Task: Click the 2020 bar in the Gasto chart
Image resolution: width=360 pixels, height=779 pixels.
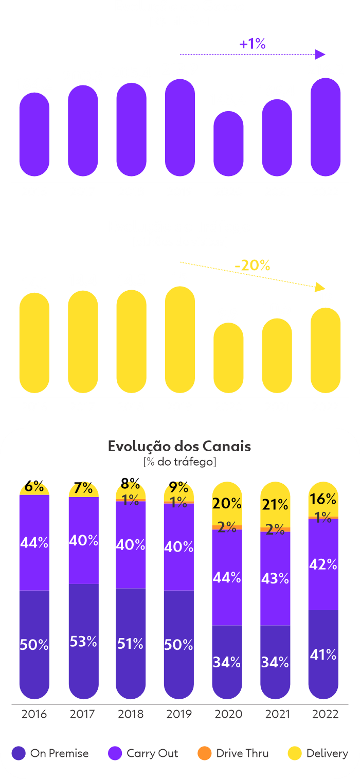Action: click(228, 144)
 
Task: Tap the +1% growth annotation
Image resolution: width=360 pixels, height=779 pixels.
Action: click(253, 44)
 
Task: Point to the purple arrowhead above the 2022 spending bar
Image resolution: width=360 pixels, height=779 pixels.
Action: click(320, 54)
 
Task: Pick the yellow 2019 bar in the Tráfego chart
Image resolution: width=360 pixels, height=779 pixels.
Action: click(179, 340)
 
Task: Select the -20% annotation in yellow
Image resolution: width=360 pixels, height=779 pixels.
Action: click(252, 265)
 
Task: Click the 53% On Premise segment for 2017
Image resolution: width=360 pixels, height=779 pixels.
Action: click(83, 642)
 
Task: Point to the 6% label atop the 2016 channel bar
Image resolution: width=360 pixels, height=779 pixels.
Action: click(34, 486)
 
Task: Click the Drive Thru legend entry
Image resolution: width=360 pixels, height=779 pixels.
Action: click(233, 753)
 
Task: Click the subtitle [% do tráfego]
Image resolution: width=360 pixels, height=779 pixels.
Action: click(179, 462)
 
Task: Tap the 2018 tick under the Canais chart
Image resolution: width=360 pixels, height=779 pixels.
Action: click(131, 714)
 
